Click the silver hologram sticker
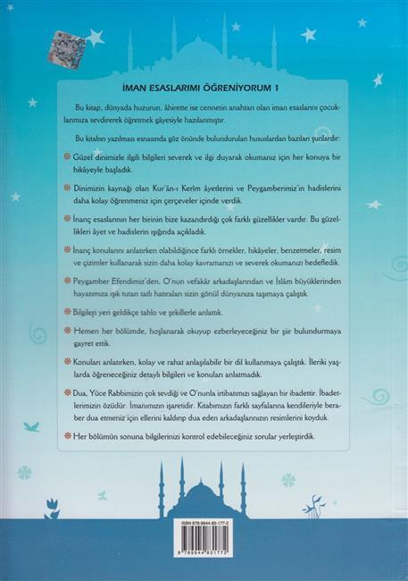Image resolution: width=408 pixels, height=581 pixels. click(65, 47)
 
